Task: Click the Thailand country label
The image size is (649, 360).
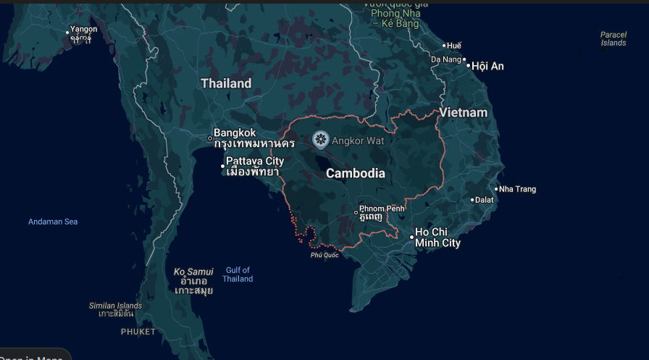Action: (x=226, y=83)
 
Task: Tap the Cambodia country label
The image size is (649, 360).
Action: (x=355, y=174)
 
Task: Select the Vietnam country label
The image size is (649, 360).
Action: (x=463, y=113)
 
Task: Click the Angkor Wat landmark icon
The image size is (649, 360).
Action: (x=321, y=139)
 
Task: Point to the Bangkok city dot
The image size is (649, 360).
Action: (x=210, y=138)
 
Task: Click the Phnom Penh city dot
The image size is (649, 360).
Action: (x=356, y=213)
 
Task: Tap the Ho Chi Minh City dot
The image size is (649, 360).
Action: (x=411, y=237)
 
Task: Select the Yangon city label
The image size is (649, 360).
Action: (x=83, y=30)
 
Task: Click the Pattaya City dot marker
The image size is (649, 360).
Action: (x=223, y=167)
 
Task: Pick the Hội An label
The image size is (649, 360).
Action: (x=488, y=66)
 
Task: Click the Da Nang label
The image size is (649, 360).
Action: (x=445, y=59)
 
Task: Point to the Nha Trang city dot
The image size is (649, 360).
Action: (x=496, y=190)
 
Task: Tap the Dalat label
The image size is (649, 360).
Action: (x=484, y=200)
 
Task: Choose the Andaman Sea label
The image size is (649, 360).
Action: (x=53, y=222)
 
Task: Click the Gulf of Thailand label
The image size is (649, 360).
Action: (x=238, y=275)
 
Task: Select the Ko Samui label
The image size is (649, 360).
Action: (x=193, y=272)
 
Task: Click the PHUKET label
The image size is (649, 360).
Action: (x=138, y=332)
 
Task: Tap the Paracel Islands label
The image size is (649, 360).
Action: (x=613, y=38)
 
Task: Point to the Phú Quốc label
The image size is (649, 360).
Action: (x=324, y=255)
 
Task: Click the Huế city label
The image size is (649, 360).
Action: (x=455, y=46)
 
